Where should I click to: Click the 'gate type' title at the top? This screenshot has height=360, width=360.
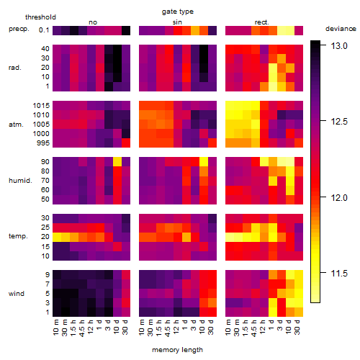coord(178,12)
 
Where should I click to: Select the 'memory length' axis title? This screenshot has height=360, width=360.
coord(177,350)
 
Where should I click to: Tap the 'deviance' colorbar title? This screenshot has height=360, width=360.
coord(341,29)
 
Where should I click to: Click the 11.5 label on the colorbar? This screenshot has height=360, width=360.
coord(339,273)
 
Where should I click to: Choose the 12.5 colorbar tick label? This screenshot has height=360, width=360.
coord(339,122)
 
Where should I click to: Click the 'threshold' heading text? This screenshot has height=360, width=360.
coord(40,17)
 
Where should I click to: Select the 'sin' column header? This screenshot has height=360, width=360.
coord(177,22)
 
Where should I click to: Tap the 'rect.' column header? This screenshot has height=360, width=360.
coord(261,22)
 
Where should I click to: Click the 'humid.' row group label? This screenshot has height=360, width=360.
coord(20,181)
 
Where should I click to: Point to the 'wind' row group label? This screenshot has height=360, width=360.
coord(17,294)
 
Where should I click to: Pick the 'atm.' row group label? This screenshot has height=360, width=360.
coord(16,125)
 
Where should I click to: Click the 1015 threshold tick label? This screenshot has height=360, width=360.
coord(41,106)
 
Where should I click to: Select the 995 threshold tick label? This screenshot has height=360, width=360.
coord(43,143)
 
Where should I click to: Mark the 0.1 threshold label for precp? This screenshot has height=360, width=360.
coord(44,30)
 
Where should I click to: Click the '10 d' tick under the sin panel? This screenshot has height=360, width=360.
coord(202,327)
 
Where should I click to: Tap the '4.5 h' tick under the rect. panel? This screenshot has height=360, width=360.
coord(254,328)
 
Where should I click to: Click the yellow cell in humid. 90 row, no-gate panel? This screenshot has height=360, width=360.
coord(117,161)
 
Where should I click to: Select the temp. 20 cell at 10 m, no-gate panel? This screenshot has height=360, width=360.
coord(57,237)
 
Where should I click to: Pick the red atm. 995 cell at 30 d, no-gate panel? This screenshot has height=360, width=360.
coord(126,143)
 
